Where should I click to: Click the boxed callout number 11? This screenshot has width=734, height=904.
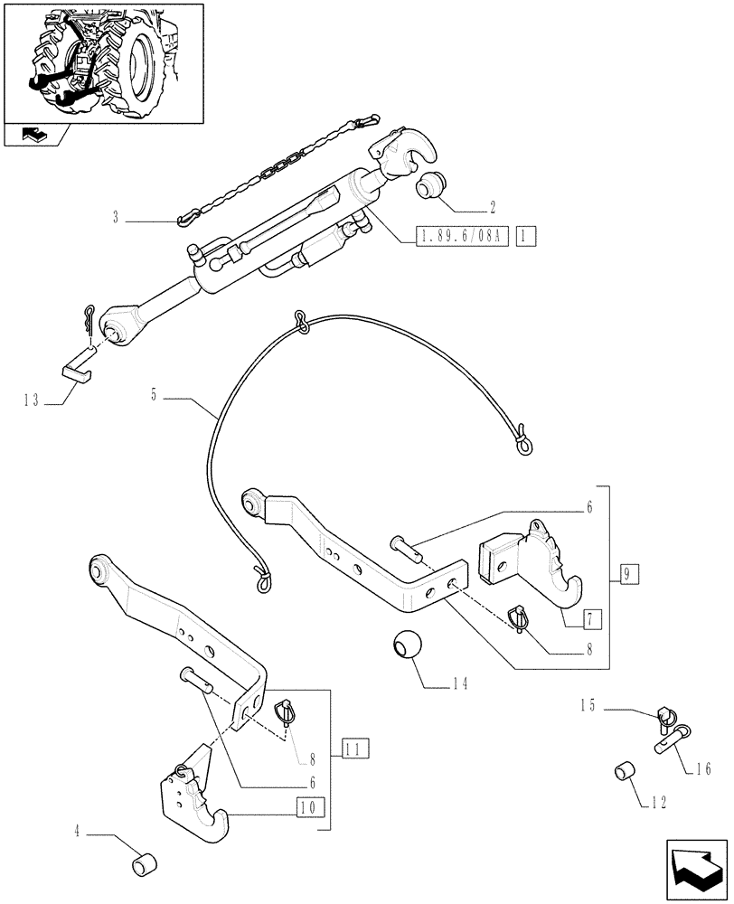pos(355,748)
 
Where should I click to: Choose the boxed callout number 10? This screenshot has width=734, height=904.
pos(306,805)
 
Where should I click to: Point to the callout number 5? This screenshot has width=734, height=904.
pos(155,395)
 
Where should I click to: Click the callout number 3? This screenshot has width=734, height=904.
pos(117,216)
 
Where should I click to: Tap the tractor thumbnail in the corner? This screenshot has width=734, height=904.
pos(103,61)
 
